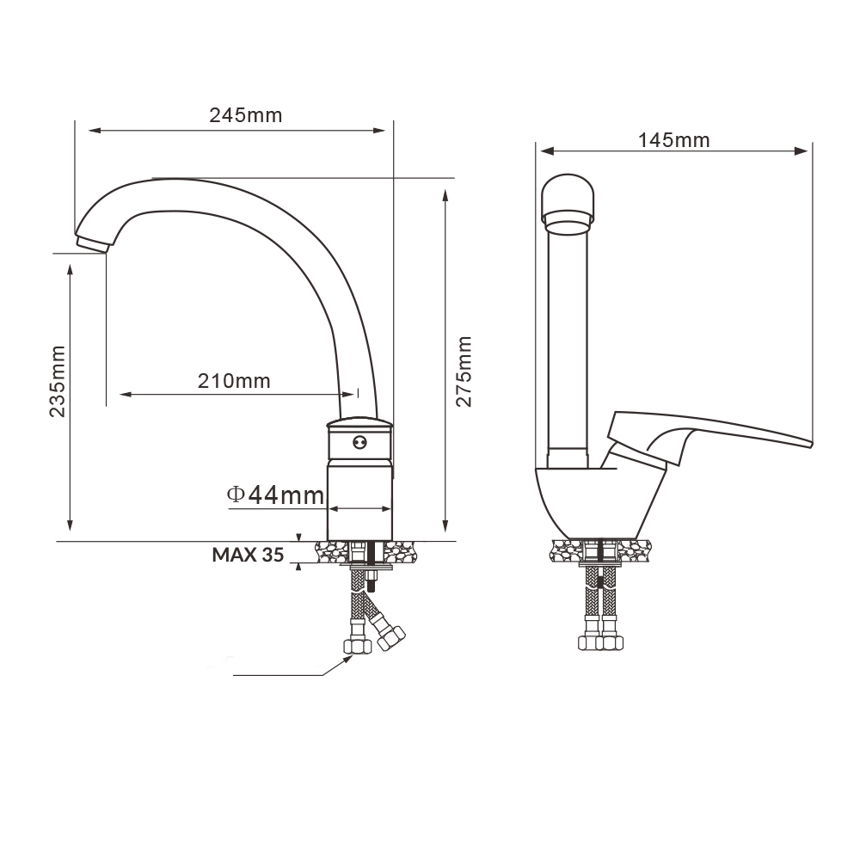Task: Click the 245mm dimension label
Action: [x=246, y=115]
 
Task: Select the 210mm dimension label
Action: [x=234, y=381]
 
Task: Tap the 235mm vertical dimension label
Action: [x=57, y=381]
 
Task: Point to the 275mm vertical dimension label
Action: [x=464, y=372]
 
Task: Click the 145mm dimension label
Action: [x=673, y=140]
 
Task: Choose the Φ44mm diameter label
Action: [x=275, y=495]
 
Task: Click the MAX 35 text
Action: [x=248, y=555]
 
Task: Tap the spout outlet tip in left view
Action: [x=92, y=244]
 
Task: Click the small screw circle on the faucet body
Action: [x=359, y=441]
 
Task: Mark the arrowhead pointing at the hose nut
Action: [x=347, y=660]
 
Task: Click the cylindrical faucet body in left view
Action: [x=359, y=479]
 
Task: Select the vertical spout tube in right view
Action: [x=568, y=346]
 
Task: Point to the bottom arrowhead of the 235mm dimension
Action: [x=70, y=524]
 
